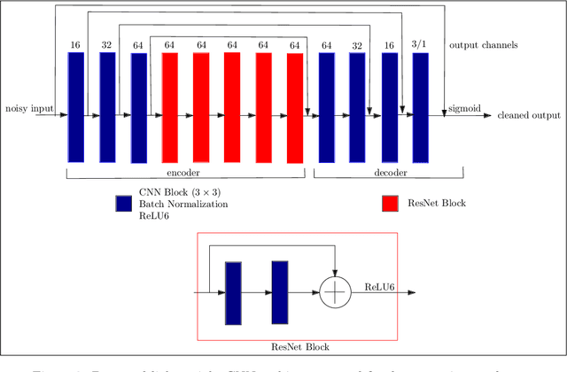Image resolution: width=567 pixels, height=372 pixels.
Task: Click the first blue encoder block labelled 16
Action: pyautogui.click(x=75, y=106)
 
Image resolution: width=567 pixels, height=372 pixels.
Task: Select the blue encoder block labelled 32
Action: pyautogui.click(x=107, y=106)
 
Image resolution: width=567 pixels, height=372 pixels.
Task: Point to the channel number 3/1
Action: pyautogui.click(x=420, y=44)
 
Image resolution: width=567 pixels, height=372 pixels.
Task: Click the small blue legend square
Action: pyautogui.click(x=124, y=204)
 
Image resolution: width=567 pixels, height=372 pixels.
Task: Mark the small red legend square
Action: pyautogui.click(x=390, y=204)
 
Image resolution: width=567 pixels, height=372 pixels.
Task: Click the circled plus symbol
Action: pyautogui.click(x=336, y=291)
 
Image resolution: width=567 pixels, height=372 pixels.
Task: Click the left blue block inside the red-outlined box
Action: pyautogui.click(x=234, y=291)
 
